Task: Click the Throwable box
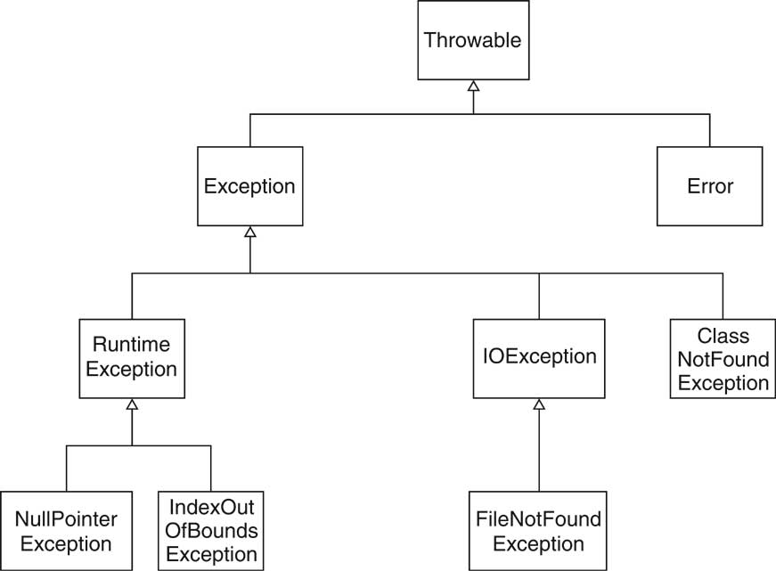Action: coord(472,41)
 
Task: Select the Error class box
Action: coord(710,186)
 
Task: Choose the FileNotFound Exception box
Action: coord(537,530)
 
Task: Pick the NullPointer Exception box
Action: coord(66,530)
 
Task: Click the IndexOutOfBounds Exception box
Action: coord(211,530)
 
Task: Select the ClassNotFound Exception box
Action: coord(723,360)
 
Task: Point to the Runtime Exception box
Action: coord(132,357)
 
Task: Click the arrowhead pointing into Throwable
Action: coord(473,86)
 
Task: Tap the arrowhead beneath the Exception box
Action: coord(250,232)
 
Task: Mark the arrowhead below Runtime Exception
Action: coord(132,404)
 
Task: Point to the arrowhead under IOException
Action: coord(538,404)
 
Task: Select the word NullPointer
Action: coord(66,519)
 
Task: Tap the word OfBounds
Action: coord(212,531)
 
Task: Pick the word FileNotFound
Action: coord(537,519)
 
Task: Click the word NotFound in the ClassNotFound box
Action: coord(723,361)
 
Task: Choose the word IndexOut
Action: coord(212,509)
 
